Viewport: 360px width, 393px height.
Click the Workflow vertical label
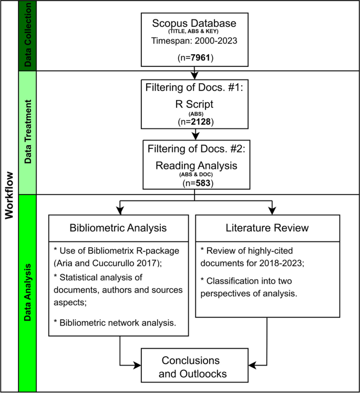tap(9, 196)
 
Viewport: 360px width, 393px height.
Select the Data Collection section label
tap(28, 36)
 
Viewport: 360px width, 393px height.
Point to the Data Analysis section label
tap(28, 293)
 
